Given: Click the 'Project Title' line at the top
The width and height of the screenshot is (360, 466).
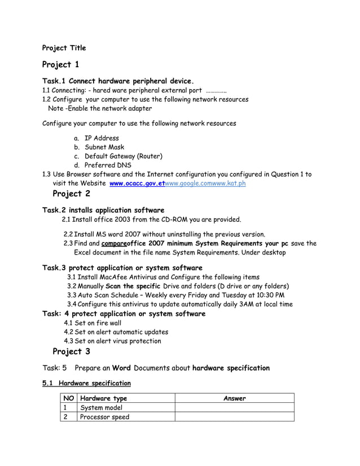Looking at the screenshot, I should [64, 48].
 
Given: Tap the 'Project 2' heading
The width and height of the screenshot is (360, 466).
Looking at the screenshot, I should [71, 195].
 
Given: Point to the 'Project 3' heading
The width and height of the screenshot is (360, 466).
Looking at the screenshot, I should [71, 352].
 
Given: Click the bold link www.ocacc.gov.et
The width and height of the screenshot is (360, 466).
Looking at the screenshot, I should [133, 183].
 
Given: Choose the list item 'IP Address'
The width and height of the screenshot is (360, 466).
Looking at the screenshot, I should [102, 138].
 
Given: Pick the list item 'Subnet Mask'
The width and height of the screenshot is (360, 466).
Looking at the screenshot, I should [104, 147].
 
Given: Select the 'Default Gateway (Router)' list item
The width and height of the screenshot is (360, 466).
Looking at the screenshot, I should [124, 156].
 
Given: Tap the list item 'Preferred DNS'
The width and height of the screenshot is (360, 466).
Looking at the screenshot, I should [108, 165].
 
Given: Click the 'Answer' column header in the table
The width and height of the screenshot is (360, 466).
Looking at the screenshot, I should [234, 398].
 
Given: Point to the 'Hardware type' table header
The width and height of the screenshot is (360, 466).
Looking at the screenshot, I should [104, 398].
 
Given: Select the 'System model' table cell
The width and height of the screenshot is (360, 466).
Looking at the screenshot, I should [102, 408].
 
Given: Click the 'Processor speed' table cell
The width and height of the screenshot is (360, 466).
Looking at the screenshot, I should [105, 417].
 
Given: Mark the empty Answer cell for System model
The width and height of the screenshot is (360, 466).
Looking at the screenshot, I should [234, 408].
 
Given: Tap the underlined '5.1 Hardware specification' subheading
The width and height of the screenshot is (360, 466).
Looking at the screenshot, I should [87, 384].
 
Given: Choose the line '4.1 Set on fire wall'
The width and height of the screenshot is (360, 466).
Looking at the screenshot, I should [93, 323].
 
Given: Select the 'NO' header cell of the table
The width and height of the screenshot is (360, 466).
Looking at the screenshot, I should [69, 398].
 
